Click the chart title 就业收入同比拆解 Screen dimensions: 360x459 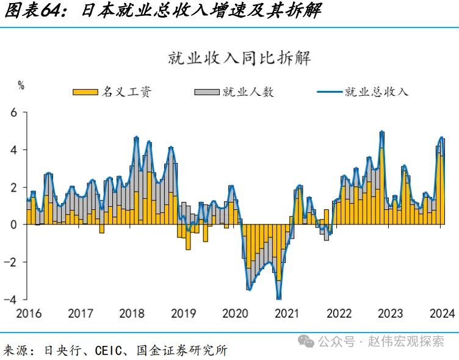coord(239,59)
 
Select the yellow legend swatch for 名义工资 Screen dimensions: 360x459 coord(85,92)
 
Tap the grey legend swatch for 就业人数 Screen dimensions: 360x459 coord(206,92)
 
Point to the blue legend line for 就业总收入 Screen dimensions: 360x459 coord(329,92)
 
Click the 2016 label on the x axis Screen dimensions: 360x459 coord(28,314)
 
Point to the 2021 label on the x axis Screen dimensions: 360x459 coord(286,314)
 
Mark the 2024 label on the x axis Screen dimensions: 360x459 coord(441,314)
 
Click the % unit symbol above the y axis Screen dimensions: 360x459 coord(22,86)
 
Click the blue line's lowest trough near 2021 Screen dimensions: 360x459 coord(279,298)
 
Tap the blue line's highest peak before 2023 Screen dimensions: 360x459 coord(381,132)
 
